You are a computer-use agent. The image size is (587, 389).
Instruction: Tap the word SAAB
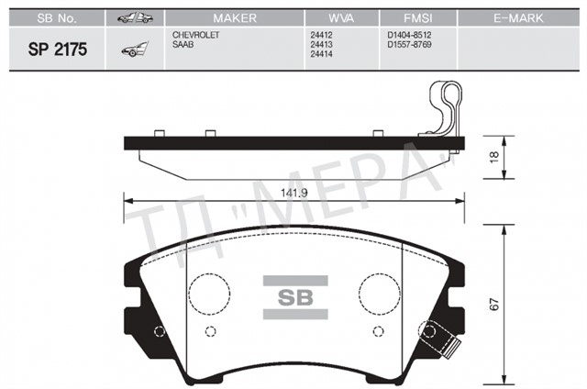pos(183,42)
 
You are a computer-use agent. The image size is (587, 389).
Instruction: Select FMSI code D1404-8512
pos(409,33)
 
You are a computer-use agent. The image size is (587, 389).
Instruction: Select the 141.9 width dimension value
pos(294,194)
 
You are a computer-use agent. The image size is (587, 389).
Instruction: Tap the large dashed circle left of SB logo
pos(208,293)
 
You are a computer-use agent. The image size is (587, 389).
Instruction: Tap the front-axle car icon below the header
pos(132,50)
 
